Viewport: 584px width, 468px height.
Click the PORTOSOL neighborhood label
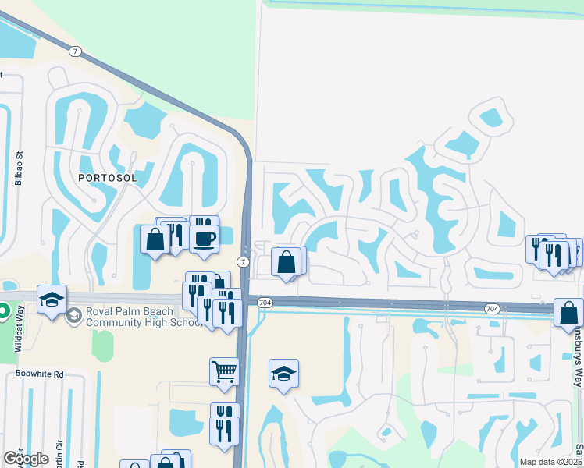pos(107,178)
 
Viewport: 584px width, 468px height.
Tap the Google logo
pos(26,458)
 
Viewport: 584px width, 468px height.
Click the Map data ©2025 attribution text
pos(550,461)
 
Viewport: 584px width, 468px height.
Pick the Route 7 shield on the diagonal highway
pos(75,51)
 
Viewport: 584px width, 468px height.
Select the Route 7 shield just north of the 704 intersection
pos(244,261)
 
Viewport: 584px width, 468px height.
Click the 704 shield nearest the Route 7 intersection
pos(264,303)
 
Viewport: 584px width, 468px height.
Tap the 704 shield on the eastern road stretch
pos(492,310)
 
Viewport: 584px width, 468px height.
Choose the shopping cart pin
pos(224,370)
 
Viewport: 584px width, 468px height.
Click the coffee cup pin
pos(204,238)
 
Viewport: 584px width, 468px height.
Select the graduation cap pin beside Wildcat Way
pos(52,300)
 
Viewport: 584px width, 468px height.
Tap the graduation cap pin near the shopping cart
pos(283,372)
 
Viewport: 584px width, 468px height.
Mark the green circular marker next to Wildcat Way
pos(3,312)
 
